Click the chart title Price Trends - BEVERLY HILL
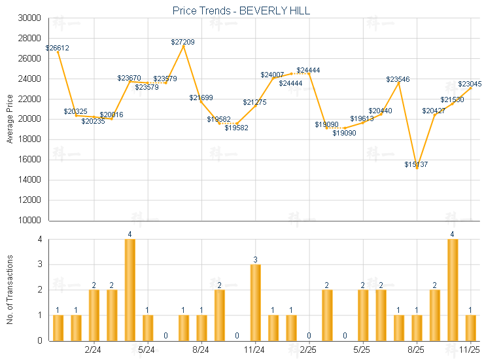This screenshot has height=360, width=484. (x=241, y=10)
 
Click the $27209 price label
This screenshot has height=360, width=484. (x=182, y=42)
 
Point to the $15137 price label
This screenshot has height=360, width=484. (x=416, y=164)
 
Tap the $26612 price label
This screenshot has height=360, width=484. (x=57, y=48)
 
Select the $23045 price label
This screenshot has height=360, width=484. (x=470, y=84)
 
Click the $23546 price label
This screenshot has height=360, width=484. (x=398, y=79)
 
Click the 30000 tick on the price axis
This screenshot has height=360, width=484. (x=29, y=18)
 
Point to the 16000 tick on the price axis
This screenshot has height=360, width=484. (x=29, y=160)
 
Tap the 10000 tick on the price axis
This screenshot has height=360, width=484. (x=29, y=221)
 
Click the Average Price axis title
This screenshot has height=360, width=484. (x=10, y=119)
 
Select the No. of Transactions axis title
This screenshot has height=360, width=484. (x=10, y=290)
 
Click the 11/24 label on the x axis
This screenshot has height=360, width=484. (x=255, y=350)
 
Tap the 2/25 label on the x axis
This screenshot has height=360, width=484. (x=309, y=350)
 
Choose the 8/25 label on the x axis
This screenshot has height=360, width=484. (x=416, y=350)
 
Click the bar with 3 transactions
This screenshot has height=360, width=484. (x=255, y=302)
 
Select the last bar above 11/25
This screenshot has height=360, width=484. (x=470, y=327)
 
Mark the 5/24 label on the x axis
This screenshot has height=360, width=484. (x=148, y=350)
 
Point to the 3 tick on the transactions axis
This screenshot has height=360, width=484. (x=39, y=265)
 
